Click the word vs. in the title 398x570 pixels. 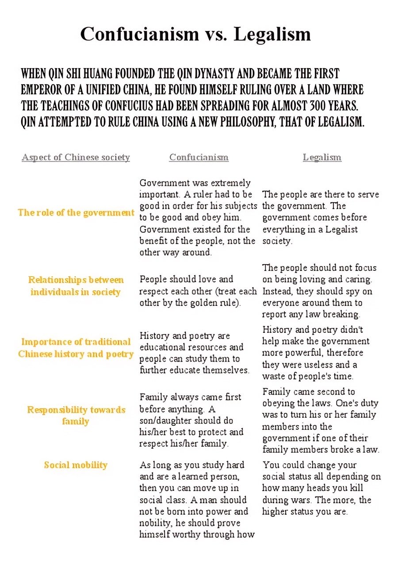tap(216, 34)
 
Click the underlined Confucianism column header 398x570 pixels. tap(199, 157)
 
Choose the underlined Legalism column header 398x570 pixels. tap(322, 157)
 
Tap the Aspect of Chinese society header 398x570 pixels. tap(76, 157)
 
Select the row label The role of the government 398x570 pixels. tap(76, 212)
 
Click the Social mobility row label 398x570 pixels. tap(76, 465)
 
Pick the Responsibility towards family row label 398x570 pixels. tap(76, 415)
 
